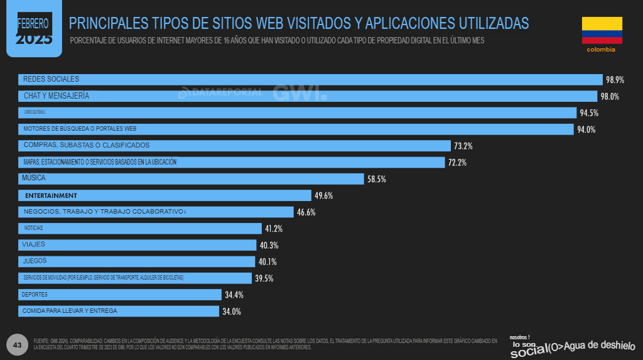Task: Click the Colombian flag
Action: coord(602,30)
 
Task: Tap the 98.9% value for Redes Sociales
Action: coord(615,80)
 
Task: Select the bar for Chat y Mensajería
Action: coord(308,96)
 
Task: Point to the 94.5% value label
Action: coord(589,113)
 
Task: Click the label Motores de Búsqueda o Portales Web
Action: coord(80,129)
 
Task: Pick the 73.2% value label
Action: coord(463,146)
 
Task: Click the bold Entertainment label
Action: coord(51,195)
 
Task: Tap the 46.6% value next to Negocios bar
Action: coord(306,212)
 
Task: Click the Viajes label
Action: coord(33,244)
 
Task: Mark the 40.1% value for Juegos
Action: coord(267,262)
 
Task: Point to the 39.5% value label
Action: coord(264,278)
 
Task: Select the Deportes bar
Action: coord(119,294)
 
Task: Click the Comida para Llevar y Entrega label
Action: coord(69,311)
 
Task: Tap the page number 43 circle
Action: coord(18,345)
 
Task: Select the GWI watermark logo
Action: coord(300,92)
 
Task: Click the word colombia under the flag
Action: coord(601,49)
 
